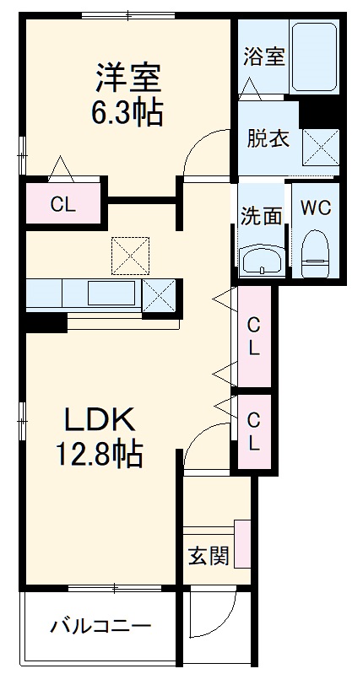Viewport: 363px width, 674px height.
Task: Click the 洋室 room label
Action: click(x=127, y=78)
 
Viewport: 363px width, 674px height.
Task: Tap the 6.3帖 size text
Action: click(x=127, y=112)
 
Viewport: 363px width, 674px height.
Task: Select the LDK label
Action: click(x=100, y=419)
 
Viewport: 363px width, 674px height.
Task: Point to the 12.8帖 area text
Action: click(x=99, y=455)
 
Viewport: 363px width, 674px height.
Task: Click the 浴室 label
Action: click(x=263, y=57)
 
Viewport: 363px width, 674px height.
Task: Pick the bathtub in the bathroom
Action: click(x=314, y=56)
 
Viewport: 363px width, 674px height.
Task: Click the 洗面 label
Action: click(x=261, y=216)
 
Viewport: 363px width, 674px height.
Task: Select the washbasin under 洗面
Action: click(x=262, y=261)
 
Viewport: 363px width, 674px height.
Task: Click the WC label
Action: click(x=315, y=208)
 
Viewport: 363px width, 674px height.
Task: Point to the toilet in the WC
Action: click(x=314, y=254)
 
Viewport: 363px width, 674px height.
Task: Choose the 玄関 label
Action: click(x=209, y=557)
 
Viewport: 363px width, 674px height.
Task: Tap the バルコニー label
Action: click(x=100, y=626)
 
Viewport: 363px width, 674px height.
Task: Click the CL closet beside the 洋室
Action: click(x=63, y=203)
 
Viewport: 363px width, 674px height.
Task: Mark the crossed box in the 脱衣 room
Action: click(x=321, y=146)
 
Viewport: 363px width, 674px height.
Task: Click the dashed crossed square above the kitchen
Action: click(x=130, y=256)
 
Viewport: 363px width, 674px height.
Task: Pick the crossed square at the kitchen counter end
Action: click(x=160, y=295)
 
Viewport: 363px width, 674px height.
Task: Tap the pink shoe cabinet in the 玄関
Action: click(x=242, y=543)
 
